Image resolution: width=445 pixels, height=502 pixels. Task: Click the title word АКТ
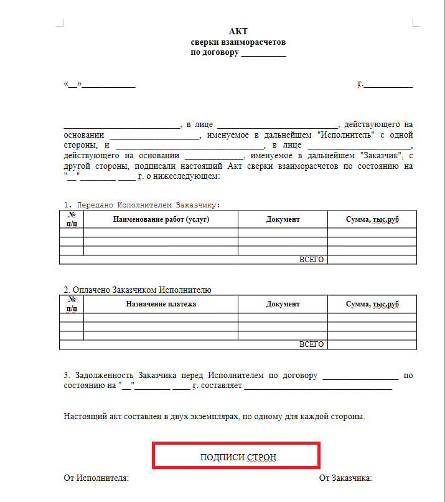(x=238, y=32)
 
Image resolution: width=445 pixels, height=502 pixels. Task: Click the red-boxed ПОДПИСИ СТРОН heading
(x=238, y=457)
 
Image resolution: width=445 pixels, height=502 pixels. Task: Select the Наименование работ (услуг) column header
(x=161, y=219)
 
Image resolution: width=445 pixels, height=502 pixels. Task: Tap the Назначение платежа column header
(x=161, y=304)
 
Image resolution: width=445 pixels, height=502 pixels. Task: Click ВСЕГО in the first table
(x=311, y=260)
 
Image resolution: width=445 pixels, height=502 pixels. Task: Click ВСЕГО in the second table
(x=311, y=344)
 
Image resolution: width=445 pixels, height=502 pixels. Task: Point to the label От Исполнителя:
(x=96, y=478)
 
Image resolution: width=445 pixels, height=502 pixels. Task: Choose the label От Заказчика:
(x=345, y=478)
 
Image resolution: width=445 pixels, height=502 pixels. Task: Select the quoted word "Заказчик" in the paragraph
(x=382, y=156)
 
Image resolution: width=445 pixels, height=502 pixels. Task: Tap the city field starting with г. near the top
(x=385, y=83)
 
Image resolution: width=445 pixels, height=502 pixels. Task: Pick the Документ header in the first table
(x=283, y=219)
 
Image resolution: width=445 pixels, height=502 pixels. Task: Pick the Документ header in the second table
(x=283, y=304)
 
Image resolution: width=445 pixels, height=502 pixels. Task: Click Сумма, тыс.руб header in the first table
(x=372, y=219)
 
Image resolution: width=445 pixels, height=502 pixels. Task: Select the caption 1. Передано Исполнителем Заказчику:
(x=143, y=205)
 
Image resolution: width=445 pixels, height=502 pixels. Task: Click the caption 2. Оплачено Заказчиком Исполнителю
(x=138, y=290)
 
